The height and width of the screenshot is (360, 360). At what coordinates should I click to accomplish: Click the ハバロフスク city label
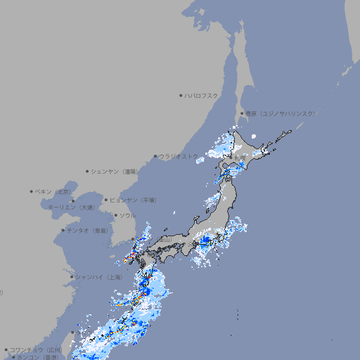(x=202, y=96)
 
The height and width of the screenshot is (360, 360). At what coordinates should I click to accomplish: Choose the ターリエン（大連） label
(x=71, y=207)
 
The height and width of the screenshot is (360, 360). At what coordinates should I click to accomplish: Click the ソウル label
(x=127, y=215)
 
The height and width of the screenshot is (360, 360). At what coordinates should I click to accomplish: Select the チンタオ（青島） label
(x=87, y=230)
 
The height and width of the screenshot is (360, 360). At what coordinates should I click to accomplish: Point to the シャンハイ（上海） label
(x=99, y=277)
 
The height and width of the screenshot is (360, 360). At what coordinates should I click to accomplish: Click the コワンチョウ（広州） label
(x=36, y=349)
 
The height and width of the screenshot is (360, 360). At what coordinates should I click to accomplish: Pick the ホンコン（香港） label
(x=38, y=357)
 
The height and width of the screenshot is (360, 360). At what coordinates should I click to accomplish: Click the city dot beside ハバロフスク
(x=181, y=96)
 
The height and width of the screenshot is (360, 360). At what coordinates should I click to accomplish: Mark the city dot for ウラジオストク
(x=155, y=156)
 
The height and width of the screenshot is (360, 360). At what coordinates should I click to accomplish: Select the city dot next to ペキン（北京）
(x=32, y=191)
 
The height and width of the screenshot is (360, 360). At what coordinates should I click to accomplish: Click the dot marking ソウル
(x=115, y=215)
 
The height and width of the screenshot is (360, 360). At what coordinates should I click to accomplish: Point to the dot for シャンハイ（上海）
(x=72, y=277)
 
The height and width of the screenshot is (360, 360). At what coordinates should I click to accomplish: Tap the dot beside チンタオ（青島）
(x=63, y=230)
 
